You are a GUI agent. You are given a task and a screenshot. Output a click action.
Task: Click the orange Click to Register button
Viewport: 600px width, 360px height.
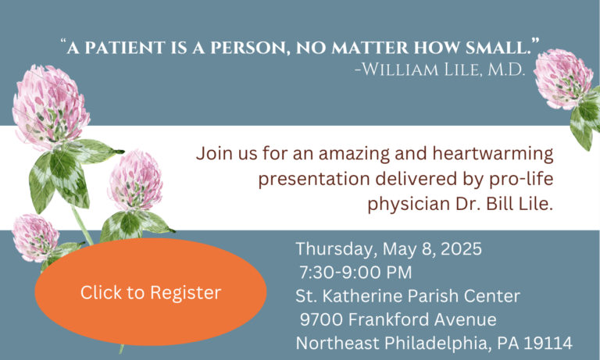151,292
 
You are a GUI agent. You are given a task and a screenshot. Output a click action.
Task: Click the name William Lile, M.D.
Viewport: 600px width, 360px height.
440,70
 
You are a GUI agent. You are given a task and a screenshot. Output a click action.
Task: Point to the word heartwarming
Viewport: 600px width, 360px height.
493,153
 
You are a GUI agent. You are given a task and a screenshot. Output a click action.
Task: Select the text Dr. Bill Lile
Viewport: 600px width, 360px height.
505,204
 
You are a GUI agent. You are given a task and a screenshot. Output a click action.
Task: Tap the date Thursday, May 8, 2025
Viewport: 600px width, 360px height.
388,249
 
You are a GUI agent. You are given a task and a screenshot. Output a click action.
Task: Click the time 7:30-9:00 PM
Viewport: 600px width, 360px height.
355,273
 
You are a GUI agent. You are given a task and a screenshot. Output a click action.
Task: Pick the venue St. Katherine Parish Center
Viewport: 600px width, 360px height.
408,296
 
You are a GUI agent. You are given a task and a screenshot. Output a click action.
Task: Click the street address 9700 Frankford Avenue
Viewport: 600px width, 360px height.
398,319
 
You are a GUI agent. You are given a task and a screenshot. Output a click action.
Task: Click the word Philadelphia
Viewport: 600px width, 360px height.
436,343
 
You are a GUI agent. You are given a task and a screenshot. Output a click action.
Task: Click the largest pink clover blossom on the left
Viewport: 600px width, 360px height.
49,107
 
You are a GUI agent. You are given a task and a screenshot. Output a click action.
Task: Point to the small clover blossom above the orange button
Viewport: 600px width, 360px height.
35,237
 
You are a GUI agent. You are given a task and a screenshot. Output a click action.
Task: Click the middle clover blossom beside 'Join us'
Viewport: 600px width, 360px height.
135,180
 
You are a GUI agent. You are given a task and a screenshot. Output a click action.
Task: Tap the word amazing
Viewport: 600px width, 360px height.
355,154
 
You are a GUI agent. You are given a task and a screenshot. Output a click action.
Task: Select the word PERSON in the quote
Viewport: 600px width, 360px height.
248,48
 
